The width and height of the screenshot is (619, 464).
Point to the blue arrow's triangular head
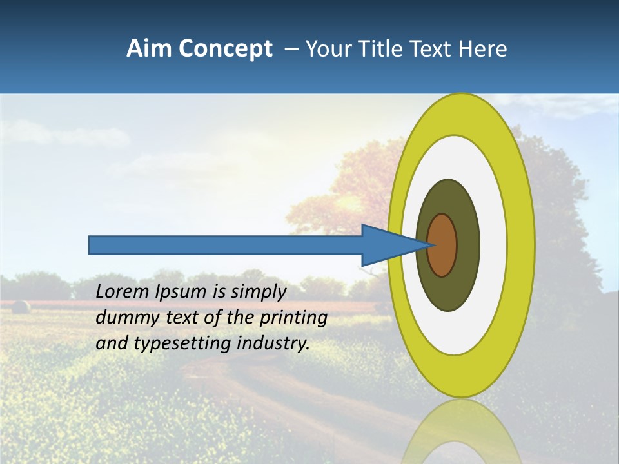pos(387,245)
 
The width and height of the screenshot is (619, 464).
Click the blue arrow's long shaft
pos(226,245)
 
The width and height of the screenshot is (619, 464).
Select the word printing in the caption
pos(293,318)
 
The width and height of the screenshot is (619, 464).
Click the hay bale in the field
pos(21,307)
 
